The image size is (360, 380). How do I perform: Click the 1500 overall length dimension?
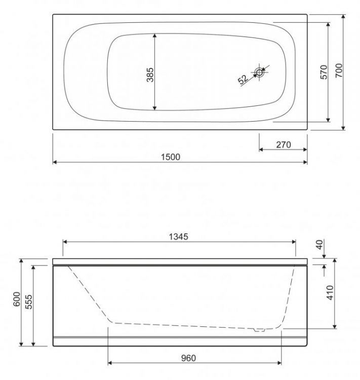[x=171, y=157]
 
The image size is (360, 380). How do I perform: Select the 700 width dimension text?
[x=339, y=71]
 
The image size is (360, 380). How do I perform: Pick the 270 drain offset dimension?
[x=283, y=144]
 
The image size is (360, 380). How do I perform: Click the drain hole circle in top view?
[x=260, y=72]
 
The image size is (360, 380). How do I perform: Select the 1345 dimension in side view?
[x=178, y=237]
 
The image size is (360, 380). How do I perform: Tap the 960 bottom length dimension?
[x=188, y=358]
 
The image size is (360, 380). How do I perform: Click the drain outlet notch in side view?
[x=260, y=330]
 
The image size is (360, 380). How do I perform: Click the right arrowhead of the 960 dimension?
[x=281, y=363]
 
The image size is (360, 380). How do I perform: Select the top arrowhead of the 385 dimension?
[x=155, y=35]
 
